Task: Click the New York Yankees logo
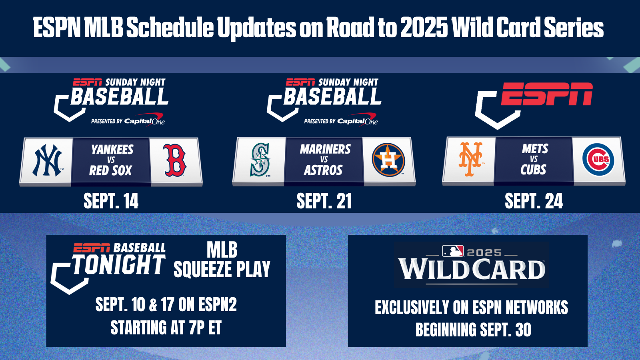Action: pos(47,160)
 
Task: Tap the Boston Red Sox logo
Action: pos(175,160)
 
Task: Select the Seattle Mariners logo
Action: pos(260,160)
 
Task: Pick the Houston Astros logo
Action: pos(388,160)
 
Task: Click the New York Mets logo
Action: pos(470,159)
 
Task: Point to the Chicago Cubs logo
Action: pos(598,160)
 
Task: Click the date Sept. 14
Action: pos(111,201)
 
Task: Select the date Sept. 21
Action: pos(324,201)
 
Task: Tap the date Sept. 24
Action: pos(534,201)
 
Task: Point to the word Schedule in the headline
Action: pos(170,28)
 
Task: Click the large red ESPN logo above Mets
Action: pos(546,94)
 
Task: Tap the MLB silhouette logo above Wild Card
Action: pos(453,251)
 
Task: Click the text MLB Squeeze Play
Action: pos(222,260)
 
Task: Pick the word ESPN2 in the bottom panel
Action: pos(218,304)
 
